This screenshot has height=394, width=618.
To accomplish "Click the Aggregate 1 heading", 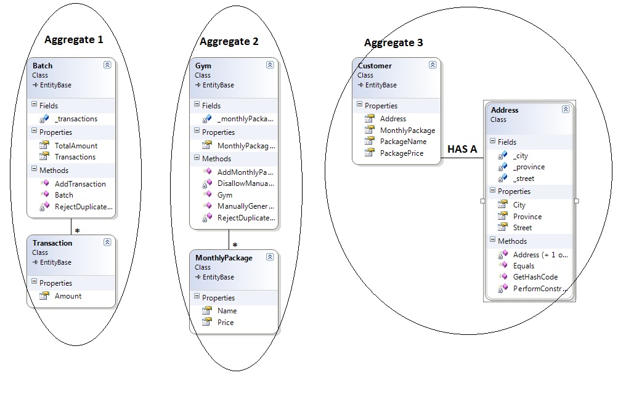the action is (74, 40).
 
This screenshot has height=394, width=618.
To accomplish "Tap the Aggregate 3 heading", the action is (393, 43).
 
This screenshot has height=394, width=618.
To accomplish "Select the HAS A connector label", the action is (462, 149).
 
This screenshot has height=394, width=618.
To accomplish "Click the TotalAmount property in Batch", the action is (76, 146).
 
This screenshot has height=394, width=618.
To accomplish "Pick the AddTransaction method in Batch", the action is (80, 184).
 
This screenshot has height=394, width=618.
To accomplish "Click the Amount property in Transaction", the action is (68, 296).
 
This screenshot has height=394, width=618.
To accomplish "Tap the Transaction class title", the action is (52, 243).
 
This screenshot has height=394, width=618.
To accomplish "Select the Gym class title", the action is (203, 66).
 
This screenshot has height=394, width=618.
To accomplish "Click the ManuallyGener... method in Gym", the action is (246, 206).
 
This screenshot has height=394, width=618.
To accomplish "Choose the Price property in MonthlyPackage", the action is (226, 323).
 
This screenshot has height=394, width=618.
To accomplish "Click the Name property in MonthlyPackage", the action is (227, 310).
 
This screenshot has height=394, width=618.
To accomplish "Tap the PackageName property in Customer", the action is (403, 142).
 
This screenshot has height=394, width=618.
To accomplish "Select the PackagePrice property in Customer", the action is (402, 153).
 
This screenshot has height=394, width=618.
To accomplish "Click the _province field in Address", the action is (529, 167).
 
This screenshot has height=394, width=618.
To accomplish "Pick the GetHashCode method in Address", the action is (535, 276).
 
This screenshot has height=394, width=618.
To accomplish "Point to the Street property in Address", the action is (522, 228).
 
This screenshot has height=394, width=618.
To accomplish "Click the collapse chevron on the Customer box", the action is (433, 65).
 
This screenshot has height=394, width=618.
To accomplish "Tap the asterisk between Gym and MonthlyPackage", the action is (235, 245).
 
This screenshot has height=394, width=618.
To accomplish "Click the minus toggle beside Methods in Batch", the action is (35, 169).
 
